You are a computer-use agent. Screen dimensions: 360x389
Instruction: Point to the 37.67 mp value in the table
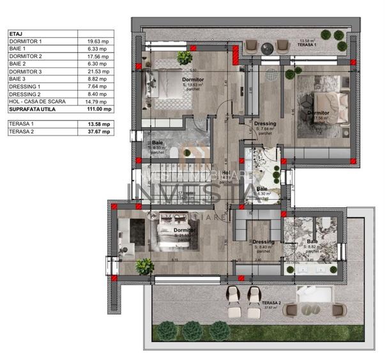click(99, 131)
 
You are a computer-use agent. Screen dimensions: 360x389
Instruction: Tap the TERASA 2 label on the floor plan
click(271, 302)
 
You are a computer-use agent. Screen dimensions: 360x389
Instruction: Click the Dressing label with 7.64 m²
click(264, 123)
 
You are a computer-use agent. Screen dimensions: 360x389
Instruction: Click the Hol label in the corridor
click(226, 173)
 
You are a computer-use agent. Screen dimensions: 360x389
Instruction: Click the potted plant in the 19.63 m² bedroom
click(185, 58)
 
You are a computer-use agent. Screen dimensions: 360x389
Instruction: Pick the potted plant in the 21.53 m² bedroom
click(144, 264)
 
